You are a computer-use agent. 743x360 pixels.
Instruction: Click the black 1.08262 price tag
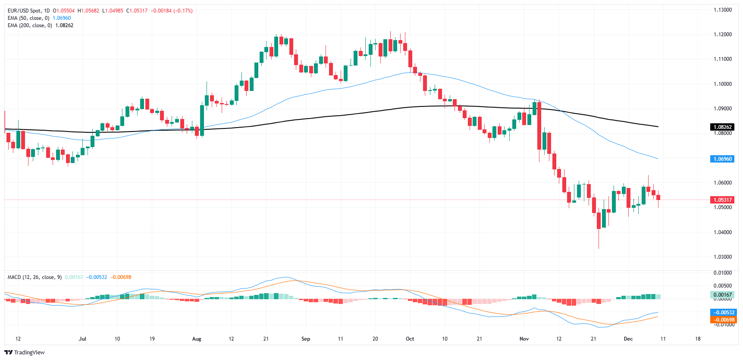pos(722,127)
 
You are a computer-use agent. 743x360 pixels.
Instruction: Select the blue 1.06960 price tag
pos(722,159)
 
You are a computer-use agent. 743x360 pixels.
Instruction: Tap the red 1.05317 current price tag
pos(722,200)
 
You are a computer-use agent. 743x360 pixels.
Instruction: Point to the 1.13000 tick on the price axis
pos(722,10)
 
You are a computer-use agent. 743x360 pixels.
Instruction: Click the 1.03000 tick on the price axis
pos(722,257)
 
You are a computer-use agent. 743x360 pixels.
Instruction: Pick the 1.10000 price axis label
pos(722,84)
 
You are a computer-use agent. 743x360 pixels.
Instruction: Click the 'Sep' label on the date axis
pos(306,339)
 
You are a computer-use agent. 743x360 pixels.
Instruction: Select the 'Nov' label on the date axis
pos(524,339)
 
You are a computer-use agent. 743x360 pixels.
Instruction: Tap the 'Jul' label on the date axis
pos(82,339)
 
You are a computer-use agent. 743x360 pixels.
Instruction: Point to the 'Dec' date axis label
pos(628,339)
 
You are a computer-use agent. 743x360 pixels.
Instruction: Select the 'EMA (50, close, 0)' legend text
pos(28,18)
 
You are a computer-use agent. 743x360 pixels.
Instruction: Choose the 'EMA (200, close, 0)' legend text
pos(30,25)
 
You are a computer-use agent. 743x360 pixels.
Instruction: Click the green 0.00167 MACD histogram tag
pos(722,295)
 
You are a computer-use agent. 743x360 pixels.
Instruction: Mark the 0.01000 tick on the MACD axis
pos(722,273)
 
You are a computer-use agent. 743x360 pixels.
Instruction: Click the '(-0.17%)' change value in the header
pos(183,11)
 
